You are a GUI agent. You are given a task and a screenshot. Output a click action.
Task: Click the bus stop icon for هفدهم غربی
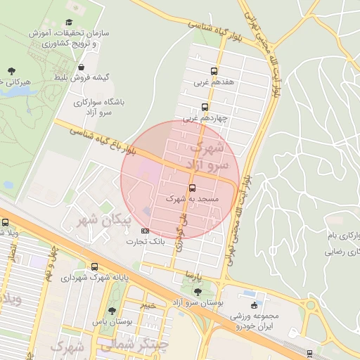214,71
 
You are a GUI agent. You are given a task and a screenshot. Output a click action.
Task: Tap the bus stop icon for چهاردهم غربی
205,108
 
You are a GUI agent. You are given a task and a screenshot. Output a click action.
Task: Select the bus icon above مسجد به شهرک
192,188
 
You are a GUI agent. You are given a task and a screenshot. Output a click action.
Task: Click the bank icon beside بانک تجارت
146,231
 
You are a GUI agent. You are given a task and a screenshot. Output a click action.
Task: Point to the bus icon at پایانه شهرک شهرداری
95,266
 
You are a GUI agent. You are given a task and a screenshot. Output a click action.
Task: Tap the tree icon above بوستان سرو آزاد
197,290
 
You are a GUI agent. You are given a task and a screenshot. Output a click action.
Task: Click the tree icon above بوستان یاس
112,311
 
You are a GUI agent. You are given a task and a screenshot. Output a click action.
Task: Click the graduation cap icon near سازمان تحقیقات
68,22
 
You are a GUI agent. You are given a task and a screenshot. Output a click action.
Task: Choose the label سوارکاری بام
343,233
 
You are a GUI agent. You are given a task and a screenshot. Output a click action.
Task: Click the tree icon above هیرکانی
12,70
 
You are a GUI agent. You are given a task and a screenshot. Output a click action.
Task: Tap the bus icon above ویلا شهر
6,222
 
